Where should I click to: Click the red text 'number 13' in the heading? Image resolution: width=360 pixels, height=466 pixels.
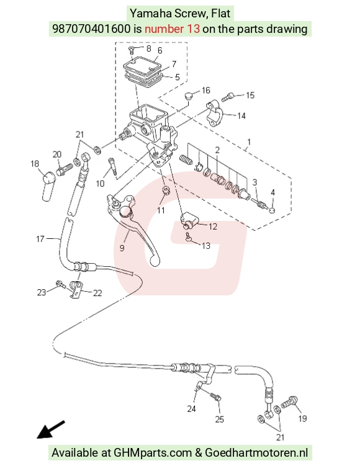tap(172, 29)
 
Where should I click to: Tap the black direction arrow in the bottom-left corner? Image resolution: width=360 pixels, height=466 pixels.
tap(50, 429)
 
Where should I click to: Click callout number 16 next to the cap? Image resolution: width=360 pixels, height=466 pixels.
tap(205, 90)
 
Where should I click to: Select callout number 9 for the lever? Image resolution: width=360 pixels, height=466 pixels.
tap(122, 248)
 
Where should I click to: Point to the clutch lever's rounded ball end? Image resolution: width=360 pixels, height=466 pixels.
tap(155, 261)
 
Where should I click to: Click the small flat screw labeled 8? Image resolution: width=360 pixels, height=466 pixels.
tap(132, 50)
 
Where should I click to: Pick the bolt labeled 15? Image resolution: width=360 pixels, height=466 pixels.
tap(228, 97)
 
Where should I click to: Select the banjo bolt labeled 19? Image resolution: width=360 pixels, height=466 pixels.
tap(289, 402)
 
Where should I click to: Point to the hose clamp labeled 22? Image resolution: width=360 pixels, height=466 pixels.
tap(76, 289)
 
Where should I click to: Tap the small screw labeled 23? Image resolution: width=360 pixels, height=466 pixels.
tap(60, 284)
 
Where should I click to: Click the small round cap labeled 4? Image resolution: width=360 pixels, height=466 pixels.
tap(272, 210)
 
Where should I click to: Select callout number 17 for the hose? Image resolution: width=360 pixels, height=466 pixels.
tap(40, 239)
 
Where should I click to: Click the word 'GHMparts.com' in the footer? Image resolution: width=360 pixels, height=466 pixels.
tap(153, 453)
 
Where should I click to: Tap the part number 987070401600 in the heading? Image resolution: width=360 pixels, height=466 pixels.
tap(91, 29)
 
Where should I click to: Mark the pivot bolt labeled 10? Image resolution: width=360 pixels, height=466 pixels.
tap(112, 168)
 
